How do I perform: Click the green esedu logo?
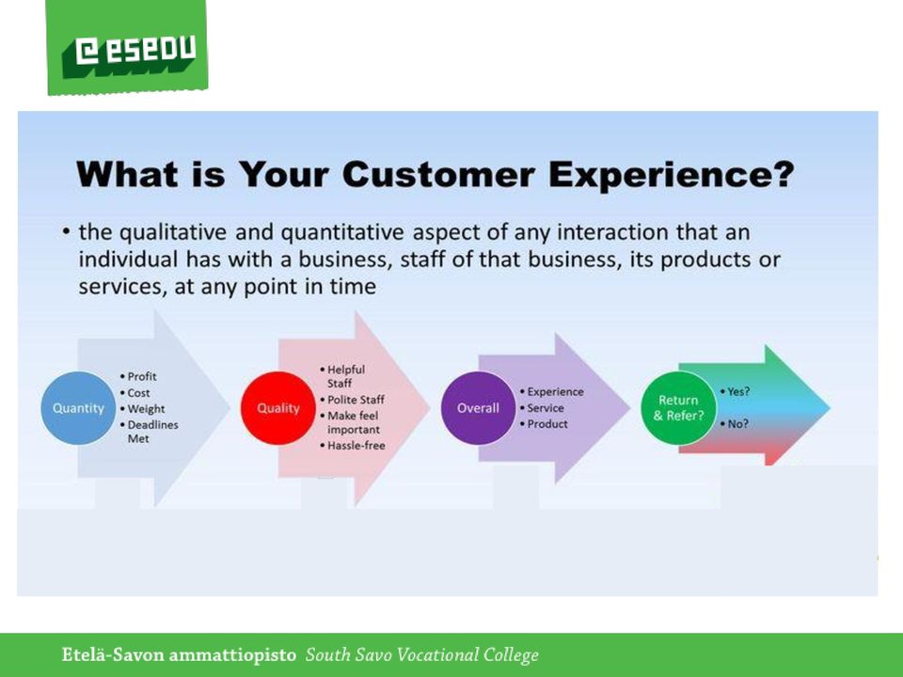[x=127, y=47]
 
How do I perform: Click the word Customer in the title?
[x=438, y=174]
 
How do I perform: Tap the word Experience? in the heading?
[x=672, y=175]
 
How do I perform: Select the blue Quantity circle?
[x=78, y=408]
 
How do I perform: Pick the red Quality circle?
[x=278, y=408]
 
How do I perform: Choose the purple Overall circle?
[x=478, y=408]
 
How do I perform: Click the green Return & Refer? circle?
[x=678, y=408]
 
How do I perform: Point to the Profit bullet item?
[x=138, y=376]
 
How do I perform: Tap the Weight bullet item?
[x=142, y=409]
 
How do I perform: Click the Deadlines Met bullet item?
[x=150, y=432]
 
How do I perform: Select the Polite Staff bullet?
[x=352, y=400]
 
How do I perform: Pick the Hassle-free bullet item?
[x=353, y=446]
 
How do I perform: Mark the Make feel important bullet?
[x=350, y=422]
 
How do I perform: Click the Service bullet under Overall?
[x=542, y=408]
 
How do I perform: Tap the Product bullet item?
[x=544, y=424]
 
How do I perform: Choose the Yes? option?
[x=735, y=391]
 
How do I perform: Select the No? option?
[x=735, y=424]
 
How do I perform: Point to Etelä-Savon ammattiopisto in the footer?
[x=179, y=655]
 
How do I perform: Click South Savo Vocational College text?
[x=422, y=655]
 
